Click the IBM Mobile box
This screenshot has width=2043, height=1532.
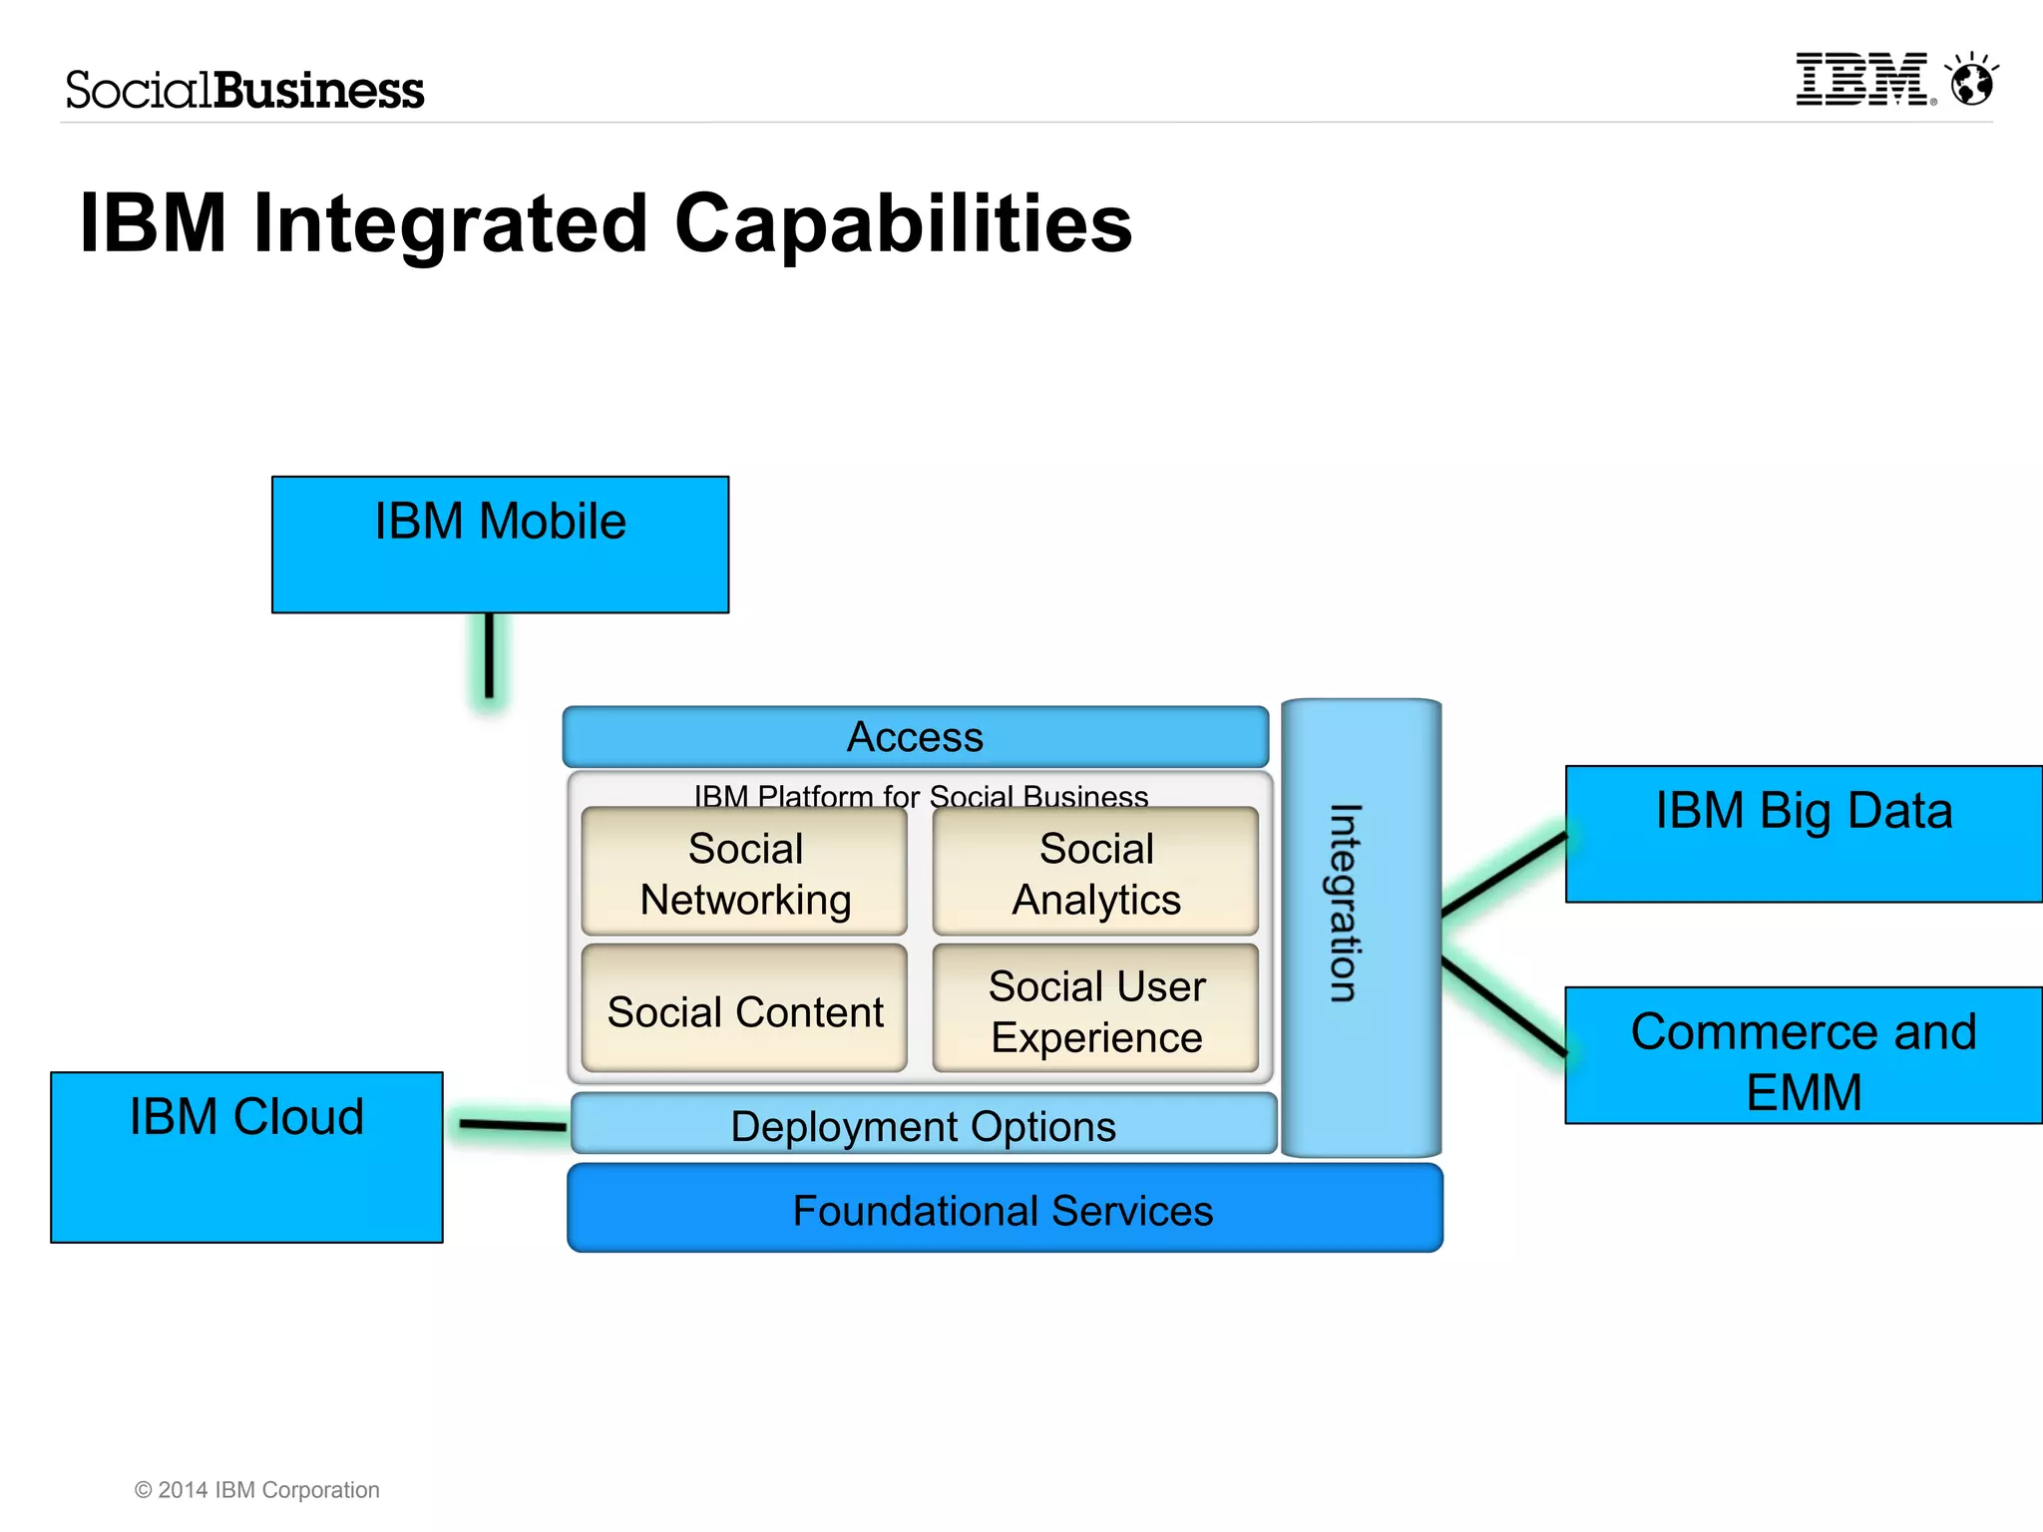500,545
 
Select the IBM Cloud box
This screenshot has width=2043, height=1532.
246,1157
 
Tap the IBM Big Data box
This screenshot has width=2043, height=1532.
1804,834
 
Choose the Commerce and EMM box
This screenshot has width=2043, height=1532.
1804,1055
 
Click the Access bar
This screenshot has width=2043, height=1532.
915,737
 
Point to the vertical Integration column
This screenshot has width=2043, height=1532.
1360,928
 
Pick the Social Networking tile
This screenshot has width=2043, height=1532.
744,872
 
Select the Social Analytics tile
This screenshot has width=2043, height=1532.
1095,872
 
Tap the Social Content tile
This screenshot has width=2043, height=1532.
744,1009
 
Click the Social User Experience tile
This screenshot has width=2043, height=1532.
1095,1009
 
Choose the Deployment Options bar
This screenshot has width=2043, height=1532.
923,1125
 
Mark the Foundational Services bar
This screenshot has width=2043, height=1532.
1004,1209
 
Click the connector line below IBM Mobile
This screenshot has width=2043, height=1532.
489,656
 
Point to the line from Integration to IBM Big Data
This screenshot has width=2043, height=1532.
1504,874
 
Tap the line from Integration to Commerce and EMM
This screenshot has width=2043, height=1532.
1504,1005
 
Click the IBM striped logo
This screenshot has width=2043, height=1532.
1861,80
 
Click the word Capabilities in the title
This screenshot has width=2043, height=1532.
903,223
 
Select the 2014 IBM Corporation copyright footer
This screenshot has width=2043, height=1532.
257,1489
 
